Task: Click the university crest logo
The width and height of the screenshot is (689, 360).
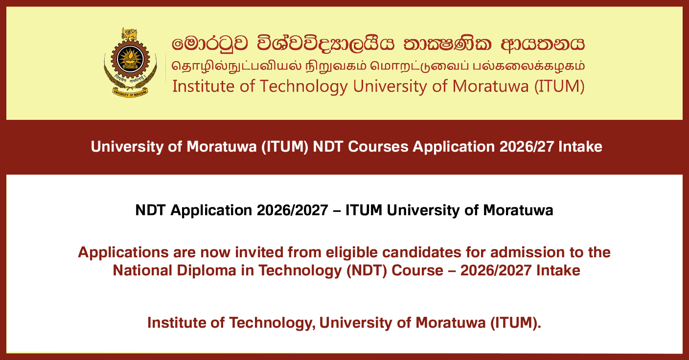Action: click(x=131, y=63)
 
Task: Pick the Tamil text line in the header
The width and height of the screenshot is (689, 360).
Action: click(x=378, y=67)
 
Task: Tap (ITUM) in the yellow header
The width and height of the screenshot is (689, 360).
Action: click(x=559, y=87)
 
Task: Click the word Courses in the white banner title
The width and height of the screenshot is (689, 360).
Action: click(x=378, y=147)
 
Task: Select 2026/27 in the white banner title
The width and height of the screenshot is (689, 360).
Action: click(x=527, y=147)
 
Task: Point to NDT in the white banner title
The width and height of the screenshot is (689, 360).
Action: click(x=328, y=147)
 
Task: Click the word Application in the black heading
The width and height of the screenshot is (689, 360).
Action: click(x=211, y=211)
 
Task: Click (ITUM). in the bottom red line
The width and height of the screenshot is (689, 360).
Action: click(x=515, y=323)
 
